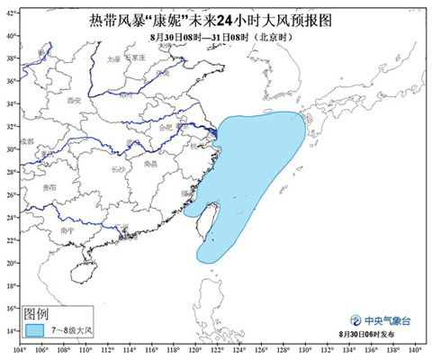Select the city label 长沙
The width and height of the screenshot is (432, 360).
coord(119,168)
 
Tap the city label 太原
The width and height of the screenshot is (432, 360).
coord(113,59)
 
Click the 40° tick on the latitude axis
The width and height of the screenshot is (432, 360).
coord(12,35)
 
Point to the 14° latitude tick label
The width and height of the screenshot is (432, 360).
coord(12,331)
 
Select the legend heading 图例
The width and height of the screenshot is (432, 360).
coord(37,313)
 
